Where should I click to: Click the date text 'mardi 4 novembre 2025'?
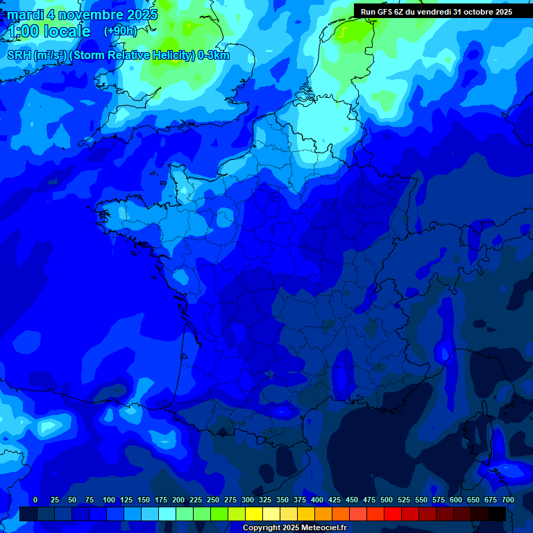click(83, 15)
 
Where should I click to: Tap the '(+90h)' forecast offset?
click(120, 31)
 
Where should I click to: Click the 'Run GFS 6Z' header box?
click(437, 12)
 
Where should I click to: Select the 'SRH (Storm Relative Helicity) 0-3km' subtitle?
click(119, 56)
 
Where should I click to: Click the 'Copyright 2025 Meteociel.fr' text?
click(294, 528)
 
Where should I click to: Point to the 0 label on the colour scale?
click(35, 500)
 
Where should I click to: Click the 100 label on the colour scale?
click(109, 500)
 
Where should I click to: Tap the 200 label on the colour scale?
click(178, 500)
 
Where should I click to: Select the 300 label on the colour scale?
click(248, 500)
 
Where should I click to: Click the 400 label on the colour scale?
click(317, 500)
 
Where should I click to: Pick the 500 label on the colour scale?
click(387, 500)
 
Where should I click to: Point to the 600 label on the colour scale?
click(456, 500)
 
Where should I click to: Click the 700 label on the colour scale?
click(508, 500)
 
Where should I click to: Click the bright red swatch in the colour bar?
click(393, 514)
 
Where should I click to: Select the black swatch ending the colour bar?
click(497, 514)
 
